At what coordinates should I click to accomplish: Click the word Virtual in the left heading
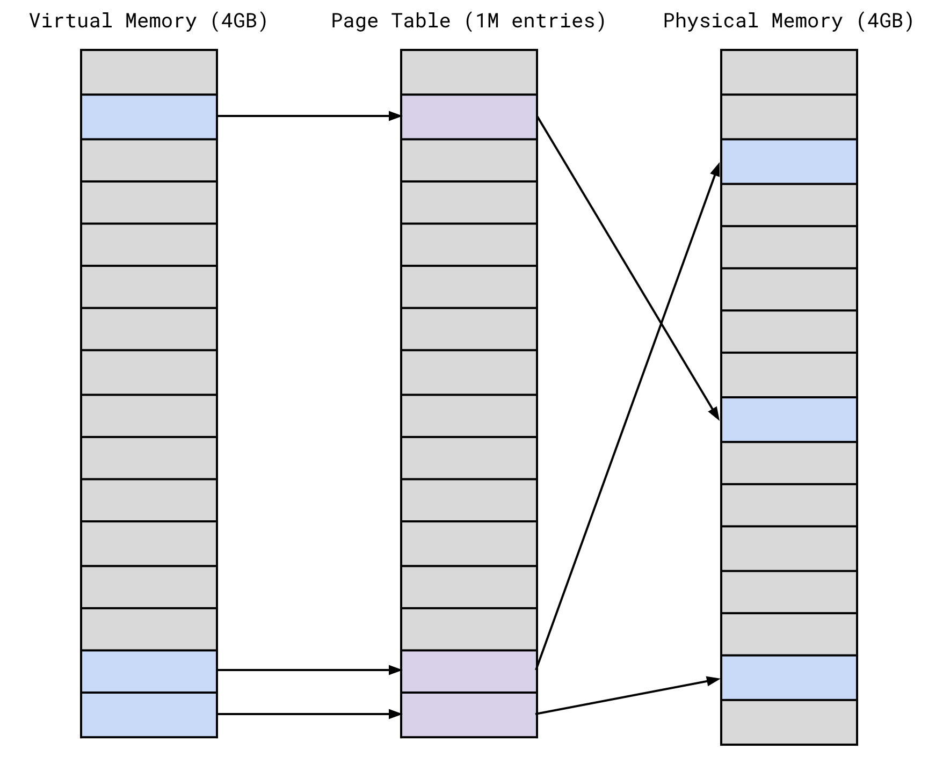70,21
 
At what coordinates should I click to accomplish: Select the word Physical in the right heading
710,21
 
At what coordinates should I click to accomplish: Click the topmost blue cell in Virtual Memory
149,117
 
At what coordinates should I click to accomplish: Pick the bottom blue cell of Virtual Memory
149,715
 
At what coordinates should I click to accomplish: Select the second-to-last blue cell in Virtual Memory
149,671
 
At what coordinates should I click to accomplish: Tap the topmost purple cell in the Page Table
469,117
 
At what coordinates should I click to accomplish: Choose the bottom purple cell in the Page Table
469,715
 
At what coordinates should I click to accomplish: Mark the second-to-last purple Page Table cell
469,671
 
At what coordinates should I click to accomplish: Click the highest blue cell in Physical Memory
788,162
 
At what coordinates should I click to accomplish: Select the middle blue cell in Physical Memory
788,419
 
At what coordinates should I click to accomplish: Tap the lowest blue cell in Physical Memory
788,678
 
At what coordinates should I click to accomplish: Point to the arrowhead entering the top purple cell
395,116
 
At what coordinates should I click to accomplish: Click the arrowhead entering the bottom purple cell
395,714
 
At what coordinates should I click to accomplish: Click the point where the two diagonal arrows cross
661,324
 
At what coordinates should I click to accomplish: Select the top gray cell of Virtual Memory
149,72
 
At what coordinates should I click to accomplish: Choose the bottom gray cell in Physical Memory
788,722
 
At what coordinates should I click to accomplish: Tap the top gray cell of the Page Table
469,72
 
